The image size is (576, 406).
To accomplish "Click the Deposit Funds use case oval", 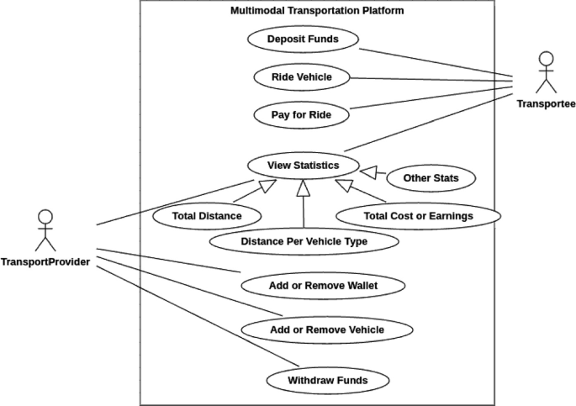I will [304, 39].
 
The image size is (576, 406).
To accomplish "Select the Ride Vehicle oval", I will [301, 77].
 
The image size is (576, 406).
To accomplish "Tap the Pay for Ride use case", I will [301, 114].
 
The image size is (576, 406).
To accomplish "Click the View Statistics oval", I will [303, 166].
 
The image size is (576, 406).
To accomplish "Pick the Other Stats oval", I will [431, 178].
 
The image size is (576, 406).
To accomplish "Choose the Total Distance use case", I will [206, 216].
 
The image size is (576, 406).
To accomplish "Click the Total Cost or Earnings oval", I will [418, 216].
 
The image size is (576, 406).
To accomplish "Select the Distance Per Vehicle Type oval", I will [304, 242].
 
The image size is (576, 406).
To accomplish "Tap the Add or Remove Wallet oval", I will [323, 286].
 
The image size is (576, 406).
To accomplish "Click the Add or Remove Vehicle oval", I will [327, 330].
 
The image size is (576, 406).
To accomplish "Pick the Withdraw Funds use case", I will [327, 381].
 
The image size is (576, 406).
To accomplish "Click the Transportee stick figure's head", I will [547, 60].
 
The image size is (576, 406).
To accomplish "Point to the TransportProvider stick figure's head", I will [45, 218].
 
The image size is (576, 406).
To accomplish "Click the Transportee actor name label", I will [546, 103].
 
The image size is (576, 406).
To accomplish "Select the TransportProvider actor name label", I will [45, 261].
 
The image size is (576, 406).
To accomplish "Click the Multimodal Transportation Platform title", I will [316, 11].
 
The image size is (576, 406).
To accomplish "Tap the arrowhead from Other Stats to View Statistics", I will [367, 172].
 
